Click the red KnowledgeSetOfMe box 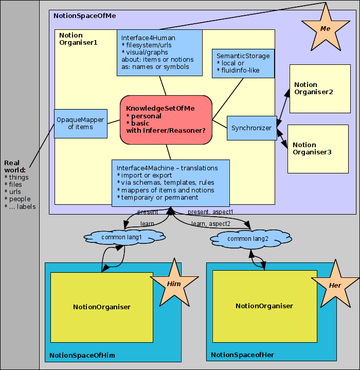(x=166, y=119)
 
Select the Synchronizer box (x=251, y=128)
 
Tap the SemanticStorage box (x=243, y=63)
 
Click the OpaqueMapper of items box (x=80, y=124)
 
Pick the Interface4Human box (x=159, y=52)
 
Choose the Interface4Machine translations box (x=170, y=183)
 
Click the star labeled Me (x=325, y=29)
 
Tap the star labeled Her (x=335, y=285)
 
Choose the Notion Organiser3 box (x=318, y=149)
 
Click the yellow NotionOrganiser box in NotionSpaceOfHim (x=102, y=307)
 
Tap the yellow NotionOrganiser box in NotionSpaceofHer (x=264, y=306)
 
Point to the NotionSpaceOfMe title (x=85, y=16)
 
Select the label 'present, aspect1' (x=210, y=212)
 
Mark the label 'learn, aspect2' (x=211, y=224)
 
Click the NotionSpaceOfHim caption (x=82, y=356)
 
